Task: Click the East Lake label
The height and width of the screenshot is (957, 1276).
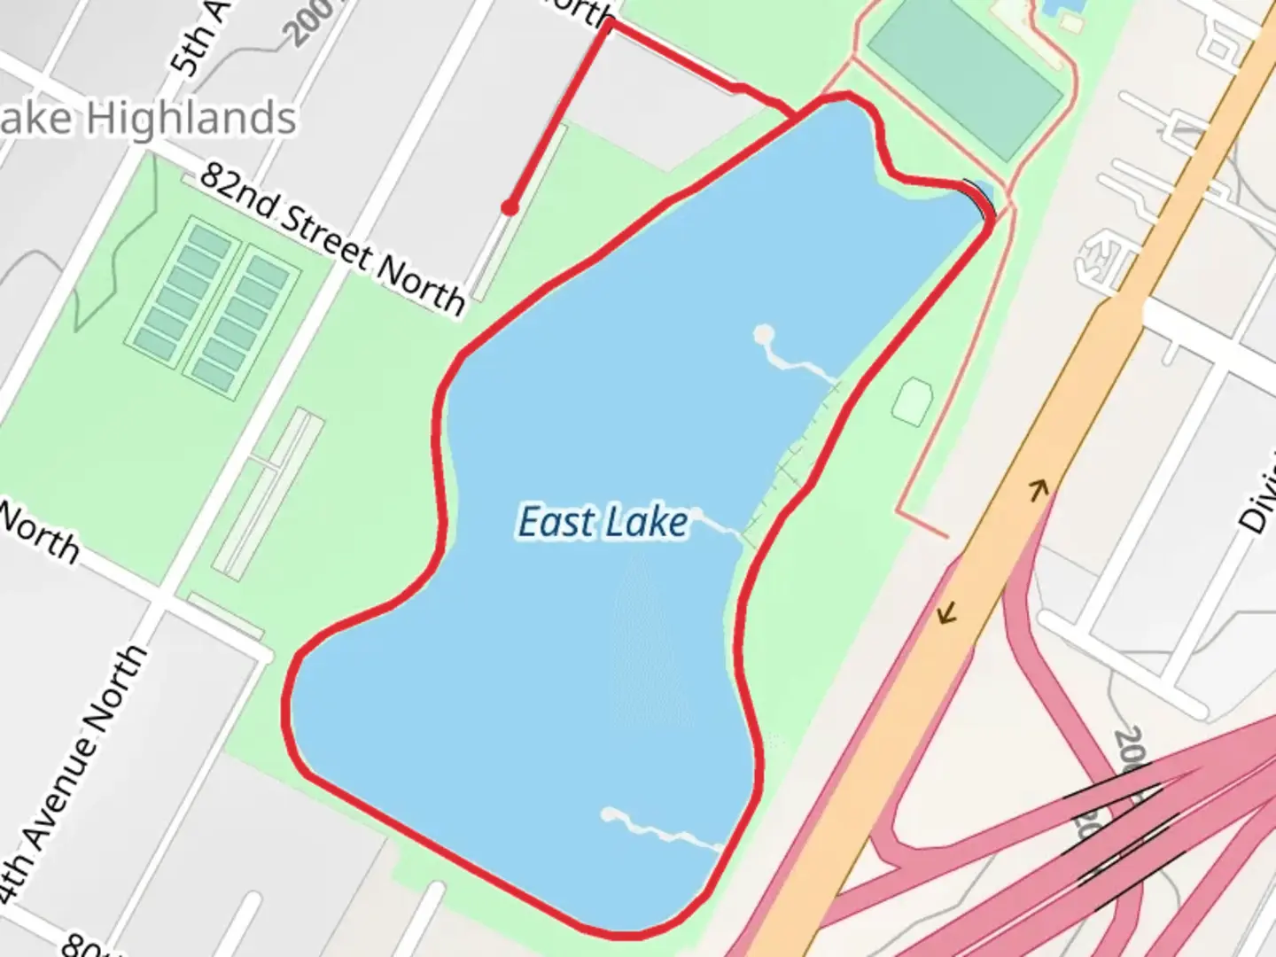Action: pos(603,522)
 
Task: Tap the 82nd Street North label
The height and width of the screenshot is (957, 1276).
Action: pos(331,238)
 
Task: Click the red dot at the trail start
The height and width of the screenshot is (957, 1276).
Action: pos(510,208)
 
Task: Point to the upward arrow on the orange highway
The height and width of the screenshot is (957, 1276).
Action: pos(1039,487)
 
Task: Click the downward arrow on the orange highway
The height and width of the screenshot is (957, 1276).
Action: pos(948,611)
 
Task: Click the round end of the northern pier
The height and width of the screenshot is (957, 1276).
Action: pos(763,335)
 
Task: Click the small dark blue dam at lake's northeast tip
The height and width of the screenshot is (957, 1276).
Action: pos(981,196)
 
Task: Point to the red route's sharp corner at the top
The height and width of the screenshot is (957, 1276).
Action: pos(610,25)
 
